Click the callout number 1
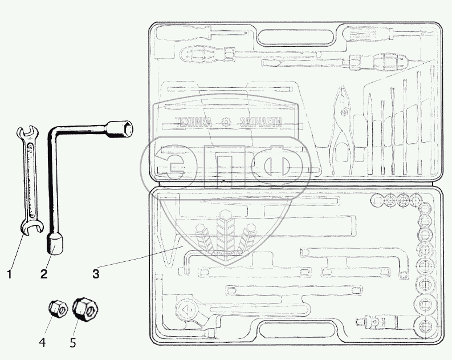[9, 274]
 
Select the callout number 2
[43, 274]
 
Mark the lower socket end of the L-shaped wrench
[55, 244]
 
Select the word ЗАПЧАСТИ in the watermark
[262, 122]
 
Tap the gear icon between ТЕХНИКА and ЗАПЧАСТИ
[227, 122]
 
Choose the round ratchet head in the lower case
[187, 309]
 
